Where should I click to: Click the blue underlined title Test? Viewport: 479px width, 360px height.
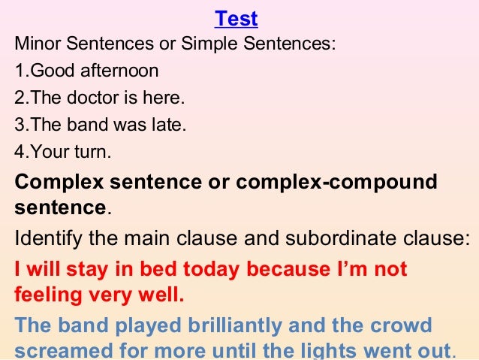point(236,17)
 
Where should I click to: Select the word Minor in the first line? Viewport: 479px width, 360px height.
point(36,44)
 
